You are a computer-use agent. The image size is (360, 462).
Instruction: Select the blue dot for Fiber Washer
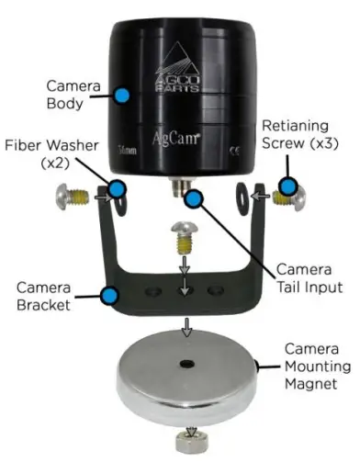pyautogui.click(x=116, y=190)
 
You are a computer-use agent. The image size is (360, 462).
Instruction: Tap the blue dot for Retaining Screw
pyautogui.click(x=290, y=187)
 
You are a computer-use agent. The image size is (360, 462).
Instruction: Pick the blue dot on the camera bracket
pyautogui.click(x=109, y=296)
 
